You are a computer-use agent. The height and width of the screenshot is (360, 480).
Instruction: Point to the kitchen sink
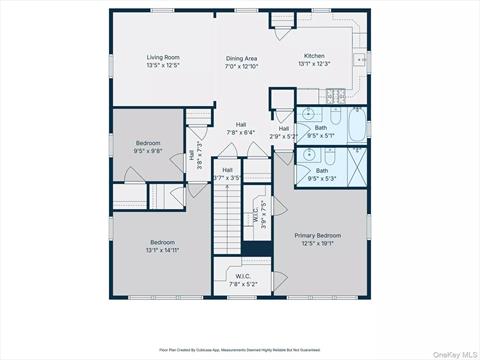pyautogui.click(x=361, y=60)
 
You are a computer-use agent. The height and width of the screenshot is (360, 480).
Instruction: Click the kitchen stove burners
pyautogui.click(x=338, y=95)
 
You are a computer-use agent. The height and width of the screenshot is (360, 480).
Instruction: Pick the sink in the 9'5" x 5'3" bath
pyautogui.click(x=308, y=156)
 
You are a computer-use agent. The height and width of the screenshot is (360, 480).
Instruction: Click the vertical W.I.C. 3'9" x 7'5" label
pyautogui.click(x=256, y=217)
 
